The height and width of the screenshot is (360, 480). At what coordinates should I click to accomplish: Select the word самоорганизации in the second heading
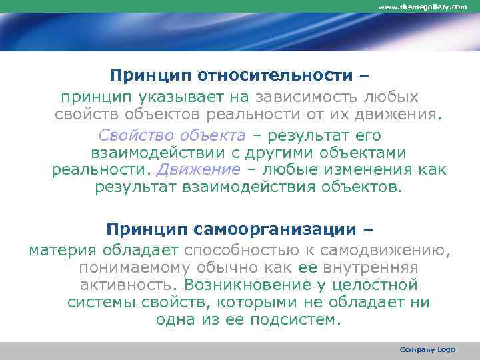coord(275,231)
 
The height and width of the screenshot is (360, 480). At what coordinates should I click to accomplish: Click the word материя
coord(61,250)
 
